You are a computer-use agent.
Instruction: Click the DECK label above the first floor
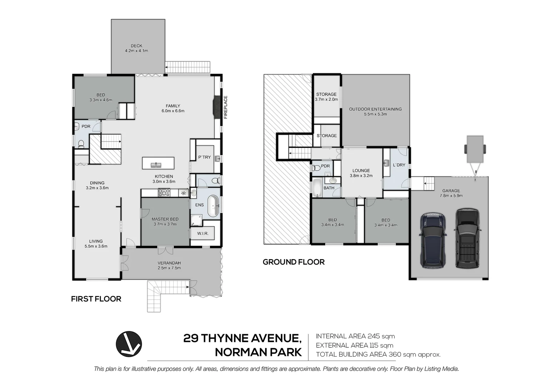click(x=136, y=46)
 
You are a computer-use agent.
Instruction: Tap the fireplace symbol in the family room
click(x=216, y=107)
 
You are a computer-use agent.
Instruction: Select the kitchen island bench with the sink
click(x=158, y=163)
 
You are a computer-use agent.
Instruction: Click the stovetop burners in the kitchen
click(x=164, y=193)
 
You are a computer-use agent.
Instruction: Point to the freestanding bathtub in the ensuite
click(x=213, y=206)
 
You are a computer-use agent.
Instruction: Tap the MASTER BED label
click(x=165, y=219)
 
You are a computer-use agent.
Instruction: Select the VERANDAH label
click(x=169, y=263)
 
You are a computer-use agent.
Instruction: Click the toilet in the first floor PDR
click(x=81, y=143)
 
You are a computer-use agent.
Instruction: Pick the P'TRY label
click(x=204, y=157)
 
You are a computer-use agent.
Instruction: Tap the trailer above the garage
click(x=475, y=148)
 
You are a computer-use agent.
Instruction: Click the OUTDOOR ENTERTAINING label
click(x=375, y=109)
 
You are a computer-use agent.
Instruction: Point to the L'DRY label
click(x=399, y=165)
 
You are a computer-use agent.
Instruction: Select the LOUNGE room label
click(x=361, y=170)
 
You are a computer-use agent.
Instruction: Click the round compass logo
click(x=129, y=344)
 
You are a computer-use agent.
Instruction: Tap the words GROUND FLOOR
click(x=293, y=262)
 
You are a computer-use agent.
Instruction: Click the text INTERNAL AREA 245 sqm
click(x=355, y=336)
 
